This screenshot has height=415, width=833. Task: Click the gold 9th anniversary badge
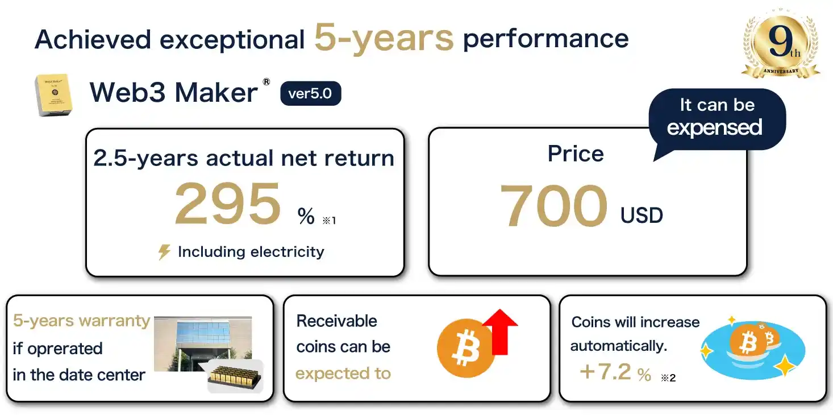point(781,43)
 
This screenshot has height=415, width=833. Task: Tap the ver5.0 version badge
point(310,93)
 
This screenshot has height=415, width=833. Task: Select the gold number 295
point(228,204)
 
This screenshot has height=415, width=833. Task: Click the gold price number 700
point(553,205)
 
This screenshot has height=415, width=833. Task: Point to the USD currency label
point(642,215)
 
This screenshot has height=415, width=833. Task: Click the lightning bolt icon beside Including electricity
point(164,252)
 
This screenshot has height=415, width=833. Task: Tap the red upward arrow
point(500,331)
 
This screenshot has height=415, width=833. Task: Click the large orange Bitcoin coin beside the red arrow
point(465,348)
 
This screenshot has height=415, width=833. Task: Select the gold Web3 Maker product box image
point(53,95)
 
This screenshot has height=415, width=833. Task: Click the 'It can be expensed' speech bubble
point(717,120)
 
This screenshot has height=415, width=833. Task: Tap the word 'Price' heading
point(576,153)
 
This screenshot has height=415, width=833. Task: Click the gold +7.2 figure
point(605,371)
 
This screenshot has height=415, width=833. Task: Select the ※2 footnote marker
point(668,378)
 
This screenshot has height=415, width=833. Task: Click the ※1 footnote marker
point(329,221)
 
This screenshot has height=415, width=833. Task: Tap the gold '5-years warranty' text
point(81,321)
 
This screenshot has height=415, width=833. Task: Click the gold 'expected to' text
point(343,374)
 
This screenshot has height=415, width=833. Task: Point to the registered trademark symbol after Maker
point(266,82)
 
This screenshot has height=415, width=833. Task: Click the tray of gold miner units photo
point(235,376)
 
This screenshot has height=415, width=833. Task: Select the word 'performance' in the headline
point(545,39)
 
